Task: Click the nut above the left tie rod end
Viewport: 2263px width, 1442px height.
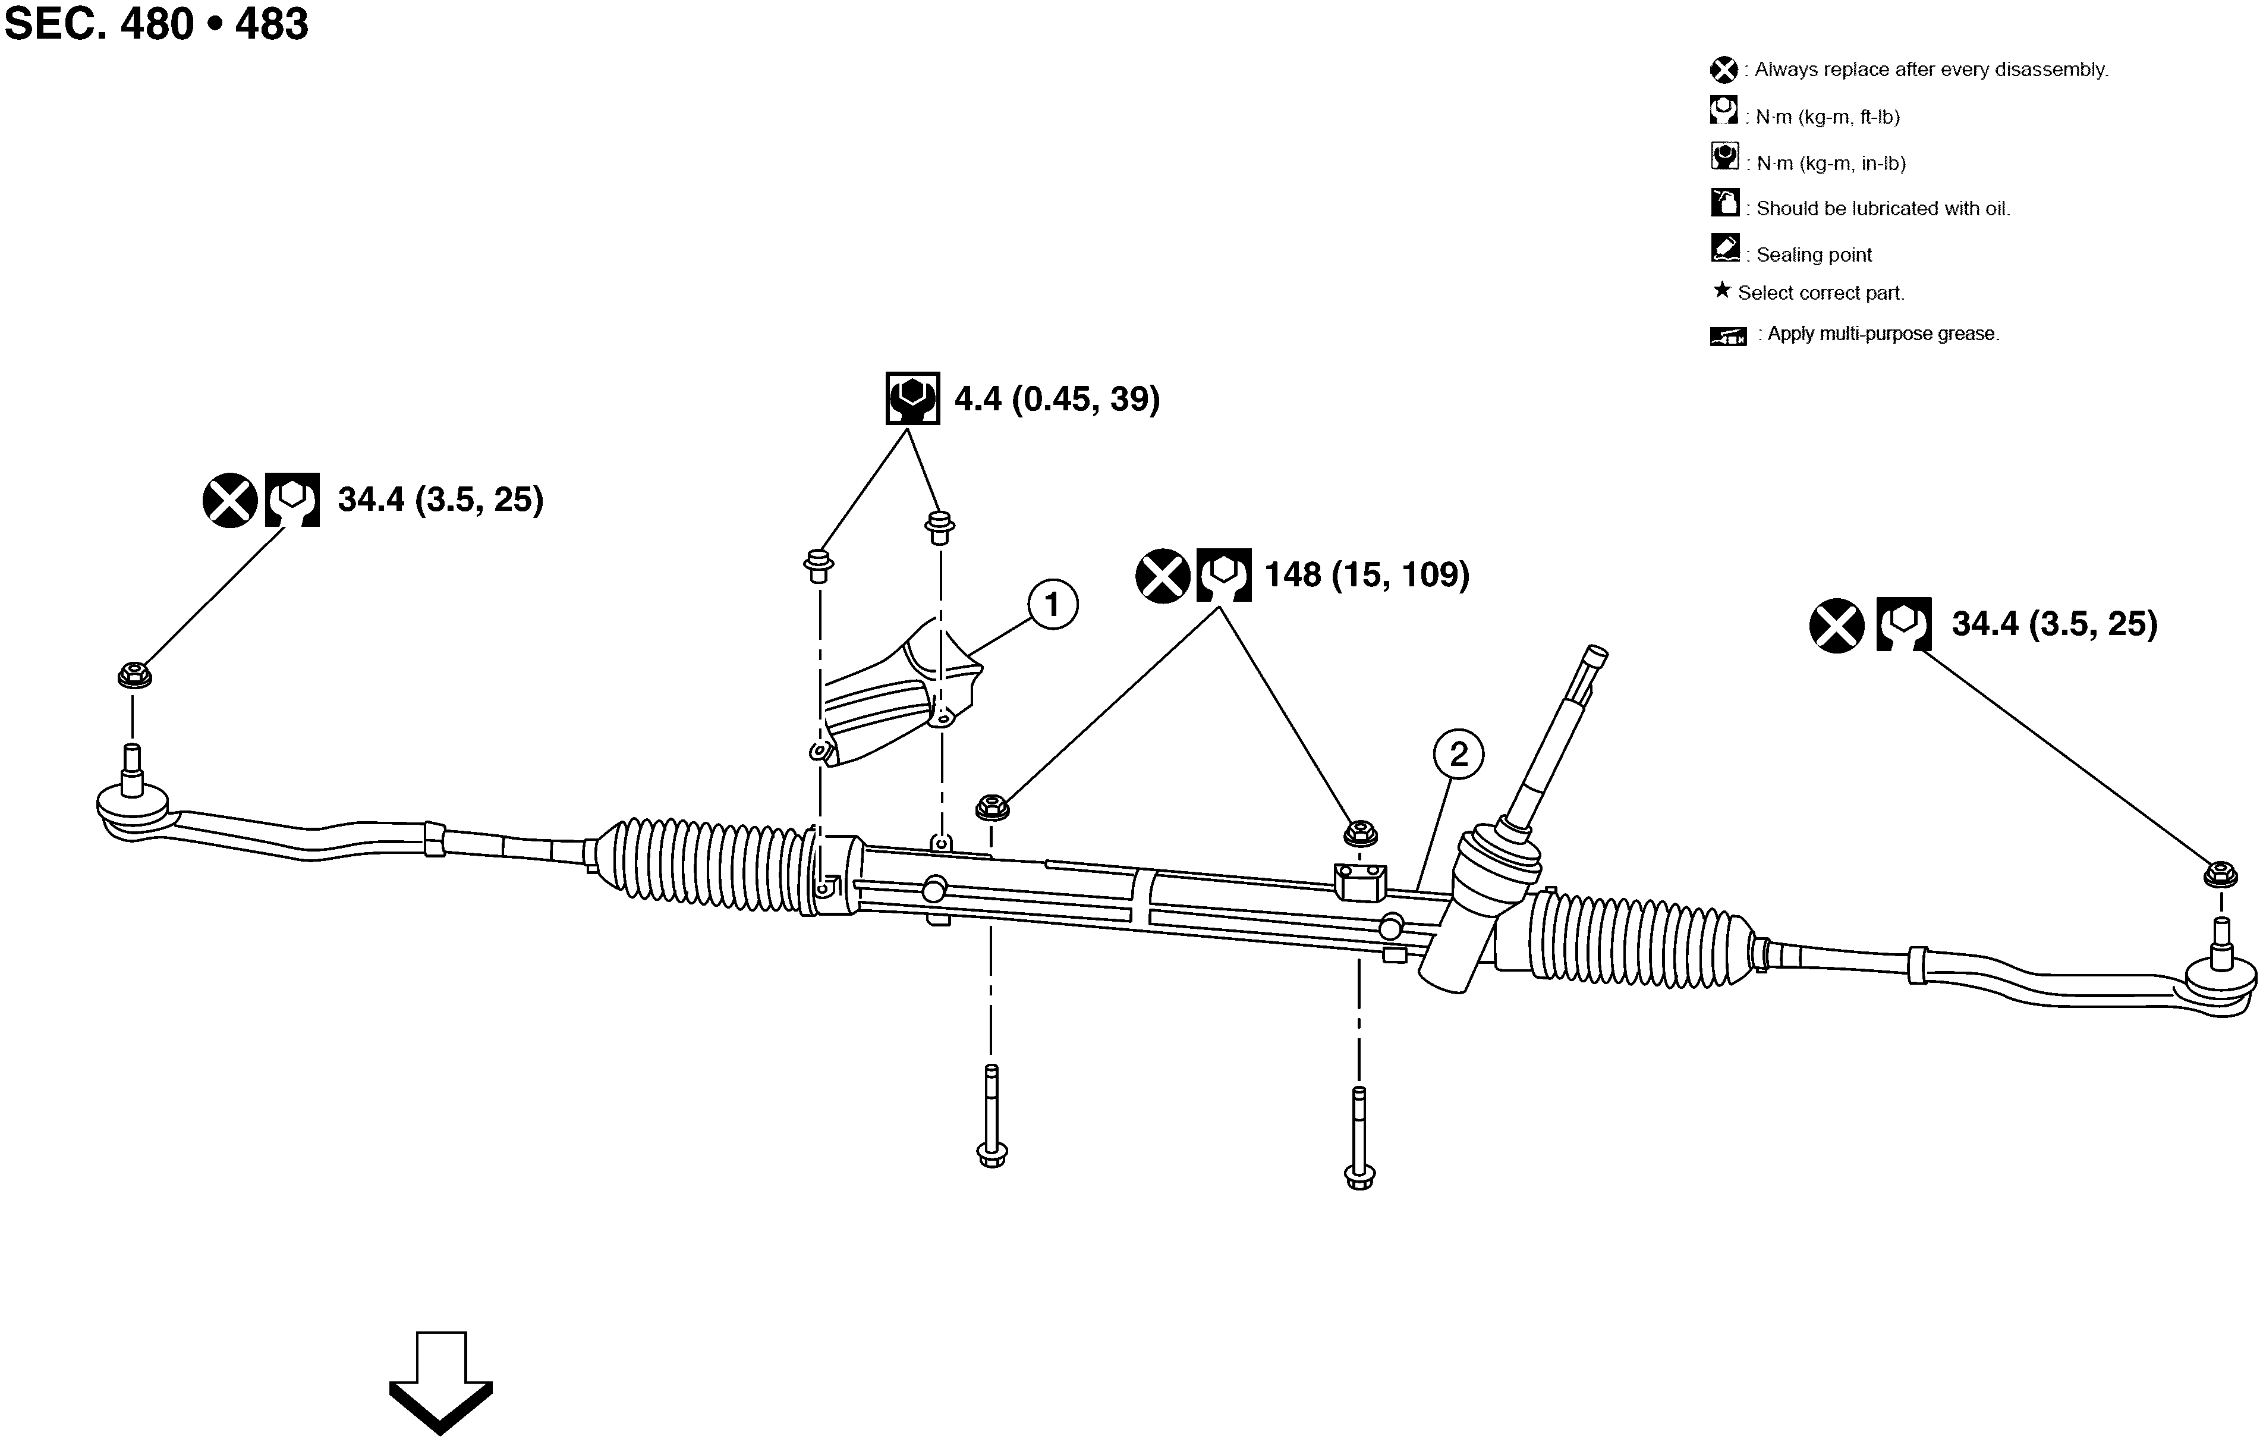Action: [x=134, y=675]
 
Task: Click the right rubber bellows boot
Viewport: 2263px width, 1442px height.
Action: [x=1640, y=940]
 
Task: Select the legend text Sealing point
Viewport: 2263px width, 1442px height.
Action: [x=1813, y=255]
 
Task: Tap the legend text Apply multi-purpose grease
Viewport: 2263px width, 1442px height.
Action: [x=1883, y=334]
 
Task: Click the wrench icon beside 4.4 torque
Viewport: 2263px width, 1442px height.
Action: [x=912, y=398]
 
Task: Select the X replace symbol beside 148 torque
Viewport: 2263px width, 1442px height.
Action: [x=1163, y=575]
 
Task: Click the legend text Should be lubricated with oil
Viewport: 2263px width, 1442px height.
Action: [x=1883, y=209]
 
